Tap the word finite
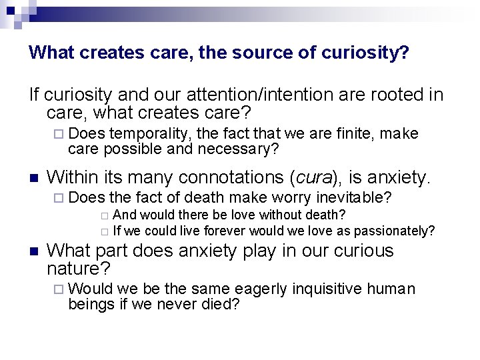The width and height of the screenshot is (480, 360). click(353, 134)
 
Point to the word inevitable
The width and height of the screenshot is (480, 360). click(355, 198)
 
